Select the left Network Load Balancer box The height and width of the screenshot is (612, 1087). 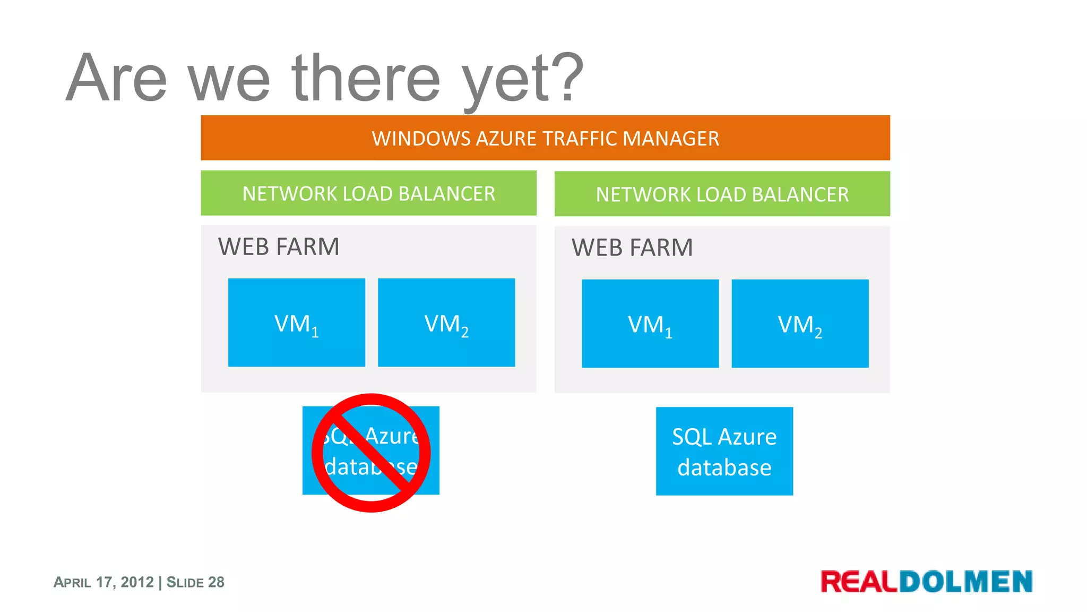click(x=368, y=193)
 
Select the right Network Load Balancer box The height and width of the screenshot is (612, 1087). click(x=722, y=194)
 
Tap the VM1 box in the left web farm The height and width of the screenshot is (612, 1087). click(x=296, y=322)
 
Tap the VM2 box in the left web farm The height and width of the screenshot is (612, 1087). click(x=446, y=322)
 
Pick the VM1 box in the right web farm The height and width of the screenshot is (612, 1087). click(x=650, y=324)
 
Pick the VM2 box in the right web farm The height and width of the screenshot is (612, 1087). click(x=800, y=324)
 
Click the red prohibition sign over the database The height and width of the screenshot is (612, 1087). click(x=371, y=453)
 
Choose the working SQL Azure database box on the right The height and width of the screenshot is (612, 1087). click(x=724, y=452)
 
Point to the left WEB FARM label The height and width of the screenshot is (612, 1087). click(x=279, y=247)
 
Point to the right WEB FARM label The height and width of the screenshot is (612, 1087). click(x=632, y=248)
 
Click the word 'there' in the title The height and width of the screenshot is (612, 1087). click(x=366, y=78)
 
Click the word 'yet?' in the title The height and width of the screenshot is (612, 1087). click(x=523, y=80)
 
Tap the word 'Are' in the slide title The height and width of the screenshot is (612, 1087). click(x=117, y=78)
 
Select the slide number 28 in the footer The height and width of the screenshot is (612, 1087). click(x=216, y=582)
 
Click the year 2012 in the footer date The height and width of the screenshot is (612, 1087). click(x=137, y=582)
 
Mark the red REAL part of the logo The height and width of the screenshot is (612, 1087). click(x=859, y=581)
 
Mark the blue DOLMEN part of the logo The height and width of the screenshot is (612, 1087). click(x=965, y=581)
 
